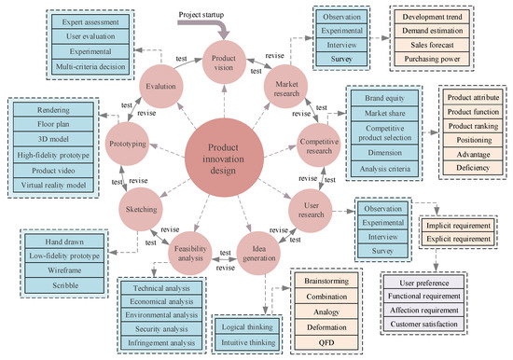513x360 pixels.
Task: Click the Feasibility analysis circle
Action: [188, 253]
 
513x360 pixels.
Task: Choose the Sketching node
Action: [142, 211]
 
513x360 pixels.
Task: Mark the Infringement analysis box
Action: [165, 344]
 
